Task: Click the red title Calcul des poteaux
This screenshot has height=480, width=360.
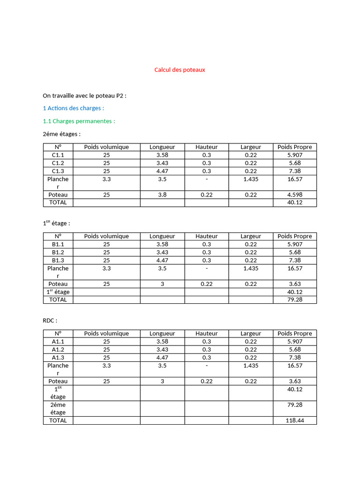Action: click(x=180, y=70)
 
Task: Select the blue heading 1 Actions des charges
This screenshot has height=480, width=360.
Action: click(x=73, y=108)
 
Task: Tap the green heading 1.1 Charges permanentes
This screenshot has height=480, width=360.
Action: click(x=79, y=121)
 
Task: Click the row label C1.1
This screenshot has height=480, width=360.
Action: click(x=58, y=155)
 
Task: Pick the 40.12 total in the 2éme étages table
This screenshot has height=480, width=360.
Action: click(x=295, y=202)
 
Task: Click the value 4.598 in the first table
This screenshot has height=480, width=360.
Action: click(x=295, y=195)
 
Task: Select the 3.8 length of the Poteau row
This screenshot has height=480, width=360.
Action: click(x=162, y=195)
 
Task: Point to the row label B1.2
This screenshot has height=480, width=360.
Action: click(x=58, y=252)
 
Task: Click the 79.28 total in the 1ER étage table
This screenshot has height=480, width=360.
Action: click(x=295, y=300)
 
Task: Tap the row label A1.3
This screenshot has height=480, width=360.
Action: click(x=58, y=357)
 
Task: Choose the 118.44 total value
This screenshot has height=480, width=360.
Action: click(x=295, y=420)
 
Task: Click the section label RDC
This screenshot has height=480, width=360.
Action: click(x=50, y=321)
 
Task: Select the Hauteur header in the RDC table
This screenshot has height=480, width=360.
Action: click(x=207, y=333)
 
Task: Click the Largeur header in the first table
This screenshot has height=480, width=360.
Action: click(x=251, y=147)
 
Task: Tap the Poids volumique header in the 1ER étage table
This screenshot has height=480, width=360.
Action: click(x=106, y=236)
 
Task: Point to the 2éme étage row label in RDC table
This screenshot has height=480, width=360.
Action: click(x=58, y=408)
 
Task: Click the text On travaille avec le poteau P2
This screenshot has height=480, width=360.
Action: click(x=84, y=96)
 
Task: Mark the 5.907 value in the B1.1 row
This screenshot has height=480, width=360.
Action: click(x=295, y=244)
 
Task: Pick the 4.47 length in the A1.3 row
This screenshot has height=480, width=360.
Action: click(x=162, y=357)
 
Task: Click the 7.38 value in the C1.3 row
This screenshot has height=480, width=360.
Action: click(x=295, y=171)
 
